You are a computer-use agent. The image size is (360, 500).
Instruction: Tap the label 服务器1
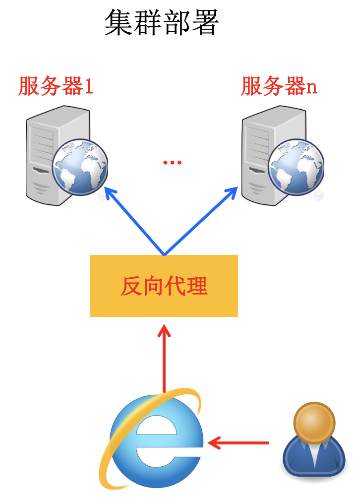coord(56,86)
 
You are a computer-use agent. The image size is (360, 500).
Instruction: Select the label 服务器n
coord(279,86)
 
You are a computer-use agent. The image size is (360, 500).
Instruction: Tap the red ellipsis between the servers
coord(172,163)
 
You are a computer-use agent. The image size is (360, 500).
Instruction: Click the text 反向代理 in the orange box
coord(164,286)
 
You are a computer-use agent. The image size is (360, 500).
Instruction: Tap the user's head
coord(313,421)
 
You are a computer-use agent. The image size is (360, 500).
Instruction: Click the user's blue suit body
coord(313,459)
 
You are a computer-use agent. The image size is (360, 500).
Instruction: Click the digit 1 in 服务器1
coord(88,87)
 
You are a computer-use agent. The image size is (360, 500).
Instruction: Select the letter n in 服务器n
coord(311,88)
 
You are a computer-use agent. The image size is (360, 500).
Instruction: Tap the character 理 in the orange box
coord(197,286)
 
